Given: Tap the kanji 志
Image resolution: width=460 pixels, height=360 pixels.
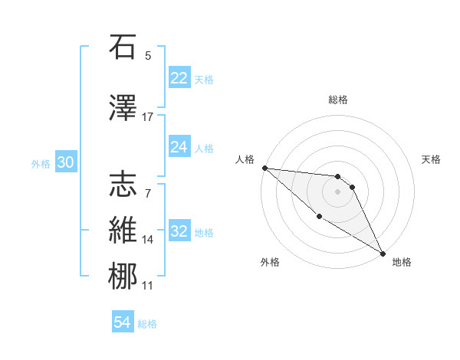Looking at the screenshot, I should pos(123,185).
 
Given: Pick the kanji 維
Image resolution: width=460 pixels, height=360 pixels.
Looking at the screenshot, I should pos(123,231).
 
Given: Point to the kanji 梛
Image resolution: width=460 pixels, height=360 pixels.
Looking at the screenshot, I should pos(123,277).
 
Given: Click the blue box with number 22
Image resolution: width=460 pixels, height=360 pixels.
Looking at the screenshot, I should pos(179,77).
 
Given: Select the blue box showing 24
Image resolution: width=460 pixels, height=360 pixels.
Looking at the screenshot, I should pos(179,147).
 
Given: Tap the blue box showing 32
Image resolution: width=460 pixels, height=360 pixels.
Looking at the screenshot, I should pos(179,232).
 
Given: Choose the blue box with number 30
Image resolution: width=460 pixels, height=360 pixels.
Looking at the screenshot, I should pos(65,162).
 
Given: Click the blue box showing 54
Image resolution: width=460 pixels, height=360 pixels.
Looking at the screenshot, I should pos(123,323).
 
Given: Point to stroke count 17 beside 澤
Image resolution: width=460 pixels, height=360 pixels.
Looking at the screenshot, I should pos(148,116).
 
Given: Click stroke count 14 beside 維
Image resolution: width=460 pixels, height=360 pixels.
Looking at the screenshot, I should pos(148,240).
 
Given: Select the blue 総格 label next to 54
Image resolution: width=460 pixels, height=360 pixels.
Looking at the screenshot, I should pos(147,324).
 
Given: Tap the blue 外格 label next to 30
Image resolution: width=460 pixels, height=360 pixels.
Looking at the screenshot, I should pos(41,163).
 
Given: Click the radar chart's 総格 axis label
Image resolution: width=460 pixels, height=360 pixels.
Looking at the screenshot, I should pos(337,100).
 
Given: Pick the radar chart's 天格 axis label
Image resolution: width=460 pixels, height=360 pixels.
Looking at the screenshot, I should pos(432,159).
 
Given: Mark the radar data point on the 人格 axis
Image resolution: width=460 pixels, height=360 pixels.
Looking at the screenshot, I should pos(264,168).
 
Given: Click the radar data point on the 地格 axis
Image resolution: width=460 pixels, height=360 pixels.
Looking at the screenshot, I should pos(383,253).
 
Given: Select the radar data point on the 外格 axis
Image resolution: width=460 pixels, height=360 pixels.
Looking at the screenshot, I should pos(319,216).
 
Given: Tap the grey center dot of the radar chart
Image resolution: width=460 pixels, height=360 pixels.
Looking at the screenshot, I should pos(337,191).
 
